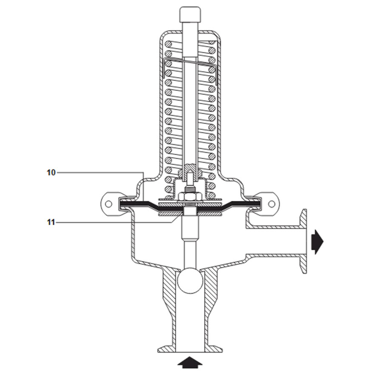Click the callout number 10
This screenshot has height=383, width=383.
tap(51, 172)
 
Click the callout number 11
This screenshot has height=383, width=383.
tap(51, 222)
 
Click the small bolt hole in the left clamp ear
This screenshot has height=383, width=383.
tap(109, 204)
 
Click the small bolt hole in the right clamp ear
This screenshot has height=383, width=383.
tap(271, 204)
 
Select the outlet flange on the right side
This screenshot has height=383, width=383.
tap(303, 241)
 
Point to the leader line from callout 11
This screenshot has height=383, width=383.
tap(115, 222)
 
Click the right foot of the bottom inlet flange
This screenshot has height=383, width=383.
tap(215, 349)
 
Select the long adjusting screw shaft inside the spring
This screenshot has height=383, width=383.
tap(190, 106)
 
